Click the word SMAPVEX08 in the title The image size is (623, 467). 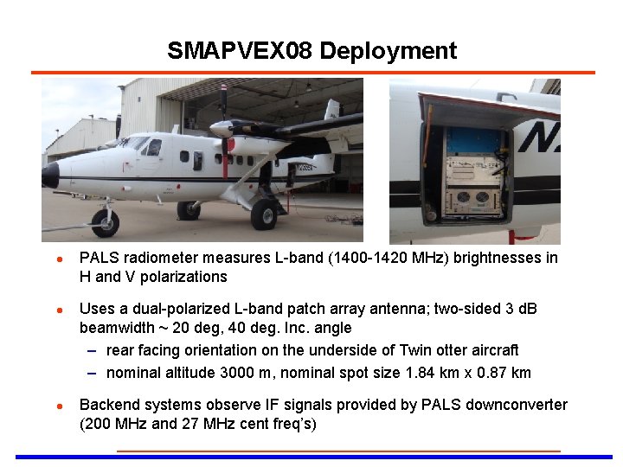(240, 50)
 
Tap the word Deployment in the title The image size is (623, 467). (388, 50)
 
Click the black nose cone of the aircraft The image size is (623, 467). (50, 175)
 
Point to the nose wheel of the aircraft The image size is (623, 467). (105, 222)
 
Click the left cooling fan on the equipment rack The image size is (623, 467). (462, 196)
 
